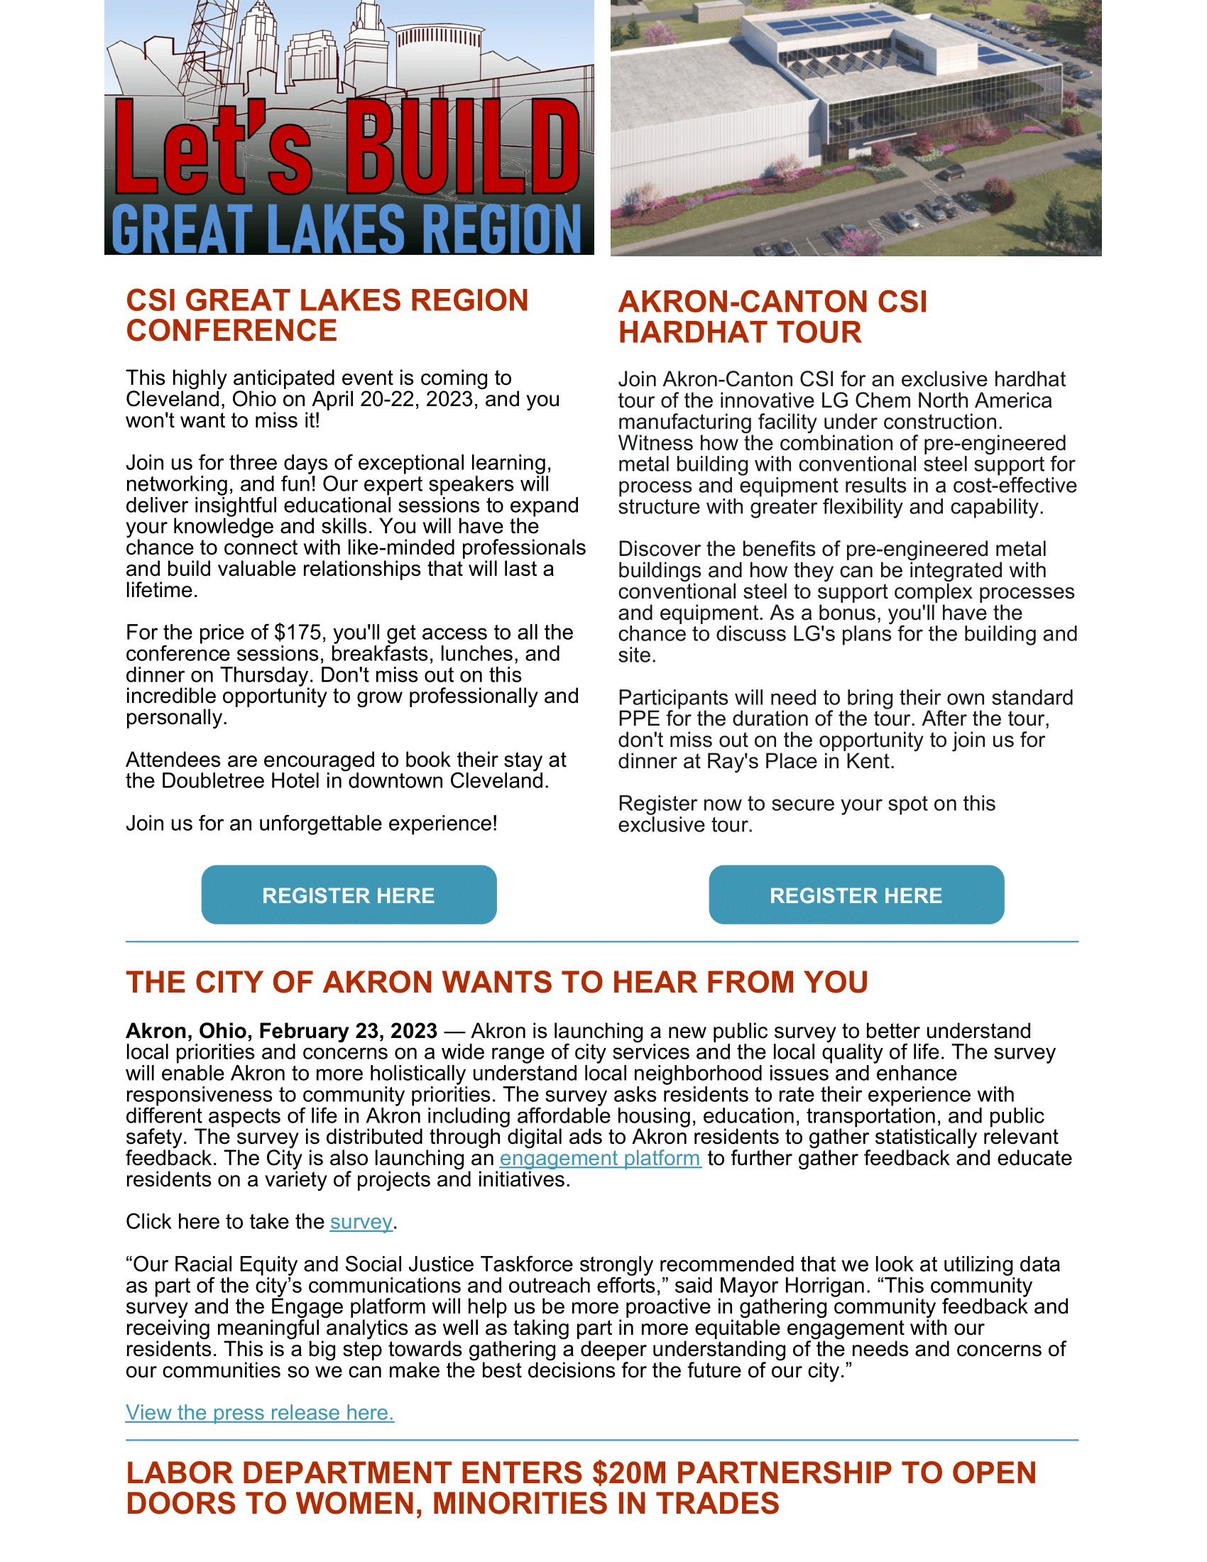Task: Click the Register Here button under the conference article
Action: tap(348, 895)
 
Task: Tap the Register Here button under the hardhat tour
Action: tap(856, 895)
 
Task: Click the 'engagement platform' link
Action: tap(600, 1158)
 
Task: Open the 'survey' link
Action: tap(361, 1222)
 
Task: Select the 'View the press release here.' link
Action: tap(260, 1412)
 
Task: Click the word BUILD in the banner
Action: tap(464, 147)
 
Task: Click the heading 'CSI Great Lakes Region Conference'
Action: tap(327, 315)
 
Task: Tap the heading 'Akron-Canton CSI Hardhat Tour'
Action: tap(772, 317)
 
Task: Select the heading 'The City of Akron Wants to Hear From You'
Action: tap(497, 982)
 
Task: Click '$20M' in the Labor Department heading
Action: tap(629, 1473)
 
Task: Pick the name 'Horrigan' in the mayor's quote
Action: tap(826, 1285)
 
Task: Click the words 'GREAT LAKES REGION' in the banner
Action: tap(346, 229)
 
